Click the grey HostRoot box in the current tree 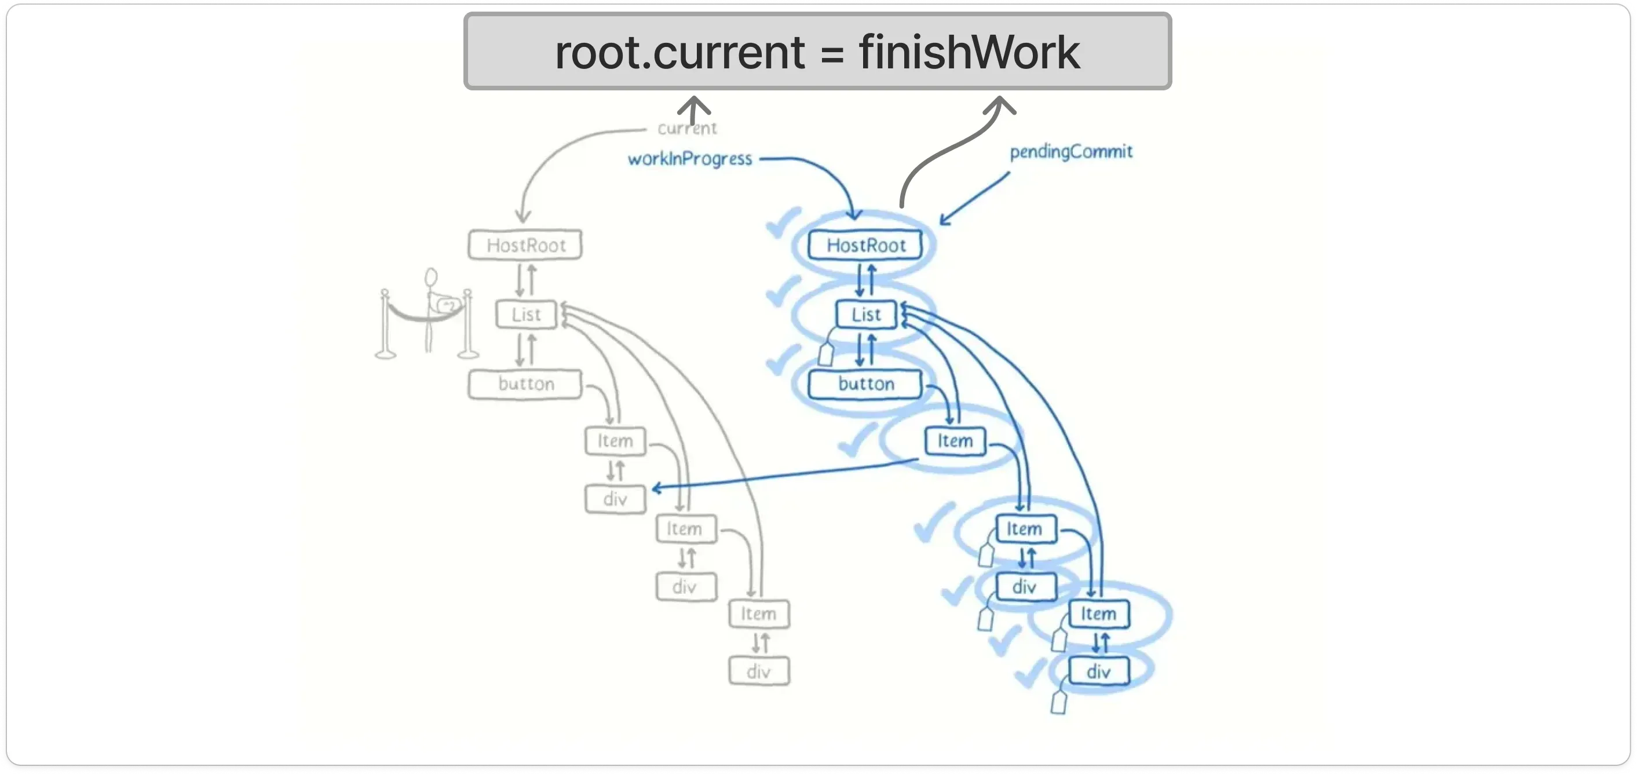coord(525,244)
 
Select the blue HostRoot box coord(865,244)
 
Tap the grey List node coord(525,314)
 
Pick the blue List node coord(865,314)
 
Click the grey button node coord(525,384)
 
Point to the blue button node coord(865,384)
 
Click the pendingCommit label coord(1071,151)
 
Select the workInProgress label coord(689,158)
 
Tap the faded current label coord(687,129)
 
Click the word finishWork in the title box coord(969,52)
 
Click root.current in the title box coord(680,52)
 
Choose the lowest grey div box coord(759,671)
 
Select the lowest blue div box coord(1099,671)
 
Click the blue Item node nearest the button coord(955,440)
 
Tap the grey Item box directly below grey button coord(615,440)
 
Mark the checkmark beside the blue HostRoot coord(781,222)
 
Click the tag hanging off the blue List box coord(825,353)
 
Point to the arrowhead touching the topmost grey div coord(656,488)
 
